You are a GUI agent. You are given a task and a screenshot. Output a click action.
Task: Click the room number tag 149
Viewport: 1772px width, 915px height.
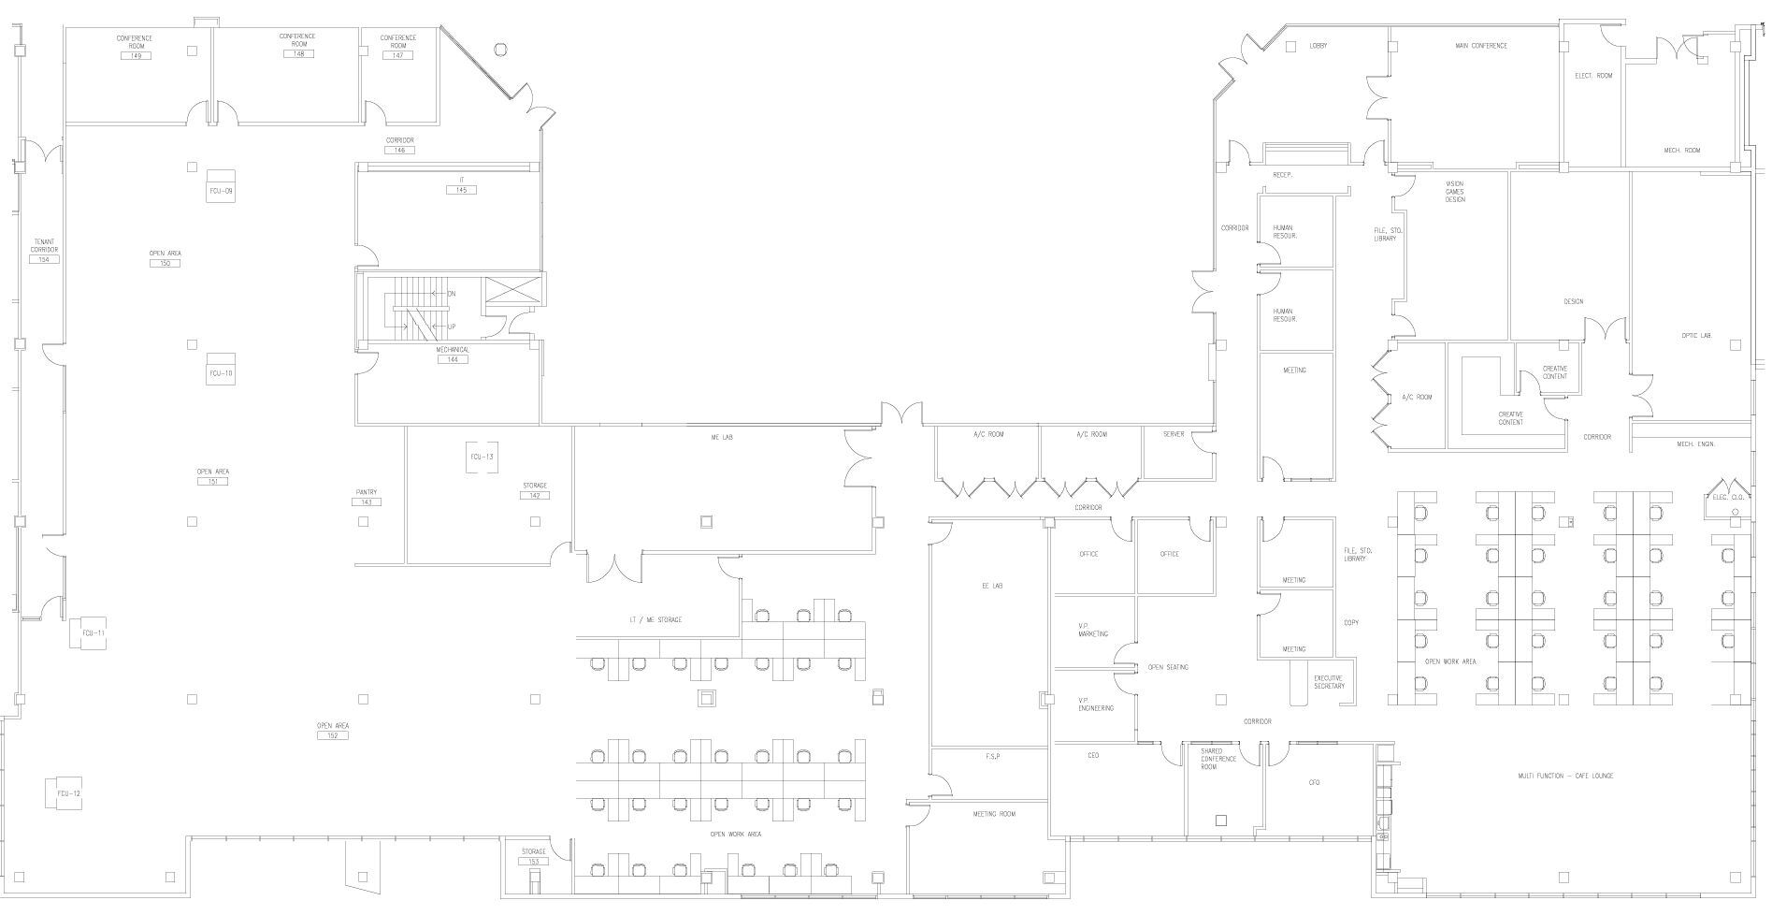click(136, 56)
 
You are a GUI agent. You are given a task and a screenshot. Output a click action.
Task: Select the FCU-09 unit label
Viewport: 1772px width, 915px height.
click(220, 191)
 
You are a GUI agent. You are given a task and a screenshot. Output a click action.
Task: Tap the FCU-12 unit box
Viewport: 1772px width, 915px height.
click(68, 793)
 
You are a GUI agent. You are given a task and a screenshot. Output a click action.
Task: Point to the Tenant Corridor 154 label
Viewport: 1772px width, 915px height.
click(44, 250)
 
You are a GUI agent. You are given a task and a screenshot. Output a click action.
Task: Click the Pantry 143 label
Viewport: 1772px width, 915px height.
click(367, 497)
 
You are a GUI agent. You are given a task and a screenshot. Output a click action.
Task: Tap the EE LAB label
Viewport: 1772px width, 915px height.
click(991, 587)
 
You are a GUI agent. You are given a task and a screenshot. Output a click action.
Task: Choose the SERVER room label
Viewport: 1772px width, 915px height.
click(1174, 434)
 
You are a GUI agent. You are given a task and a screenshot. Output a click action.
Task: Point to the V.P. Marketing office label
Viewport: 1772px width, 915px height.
click(1092, 630)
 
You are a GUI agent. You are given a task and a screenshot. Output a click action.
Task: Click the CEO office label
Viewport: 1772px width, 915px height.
click(1092, 755)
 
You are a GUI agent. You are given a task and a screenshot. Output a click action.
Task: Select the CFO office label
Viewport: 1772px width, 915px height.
click(1314, 782)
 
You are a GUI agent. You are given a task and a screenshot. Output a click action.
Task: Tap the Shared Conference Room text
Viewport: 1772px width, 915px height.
click(1217, 759)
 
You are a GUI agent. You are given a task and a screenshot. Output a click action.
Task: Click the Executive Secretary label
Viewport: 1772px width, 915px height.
click(1329, 682)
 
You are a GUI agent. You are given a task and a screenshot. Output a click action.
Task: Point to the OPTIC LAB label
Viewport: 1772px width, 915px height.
click(1695, 335)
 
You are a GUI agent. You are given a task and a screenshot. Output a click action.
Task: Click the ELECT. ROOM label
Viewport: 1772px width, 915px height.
click(1593, 76)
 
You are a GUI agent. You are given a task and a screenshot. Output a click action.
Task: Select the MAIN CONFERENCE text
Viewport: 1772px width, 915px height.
click(1481, 46)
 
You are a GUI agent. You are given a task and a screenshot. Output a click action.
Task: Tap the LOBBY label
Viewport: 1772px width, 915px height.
click(1318, 46)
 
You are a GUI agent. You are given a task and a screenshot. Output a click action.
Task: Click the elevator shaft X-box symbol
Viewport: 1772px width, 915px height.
click(514, 289)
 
